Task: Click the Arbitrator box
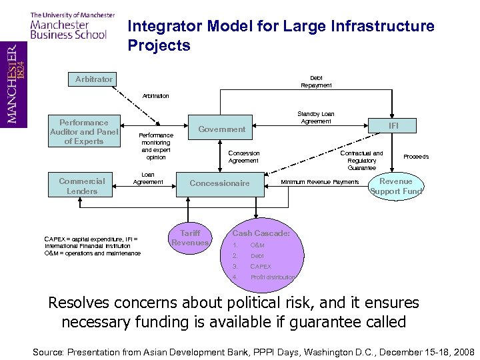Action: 93,79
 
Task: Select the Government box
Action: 222,129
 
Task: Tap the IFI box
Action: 393,124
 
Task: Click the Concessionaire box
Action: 219,183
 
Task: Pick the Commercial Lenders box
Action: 82,186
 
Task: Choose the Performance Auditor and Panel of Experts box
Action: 83,132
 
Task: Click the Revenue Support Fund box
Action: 395,186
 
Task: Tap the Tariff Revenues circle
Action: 190,238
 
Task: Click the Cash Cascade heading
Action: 261,233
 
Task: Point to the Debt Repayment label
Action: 316,82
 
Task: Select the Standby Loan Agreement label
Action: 316,118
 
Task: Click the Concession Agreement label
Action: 243,157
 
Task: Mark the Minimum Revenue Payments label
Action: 319,182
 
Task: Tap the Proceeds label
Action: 416,157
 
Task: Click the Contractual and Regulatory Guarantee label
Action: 361,160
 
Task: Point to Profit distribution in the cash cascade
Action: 272,277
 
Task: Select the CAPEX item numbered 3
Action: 260,267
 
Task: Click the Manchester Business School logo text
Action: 68,27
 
